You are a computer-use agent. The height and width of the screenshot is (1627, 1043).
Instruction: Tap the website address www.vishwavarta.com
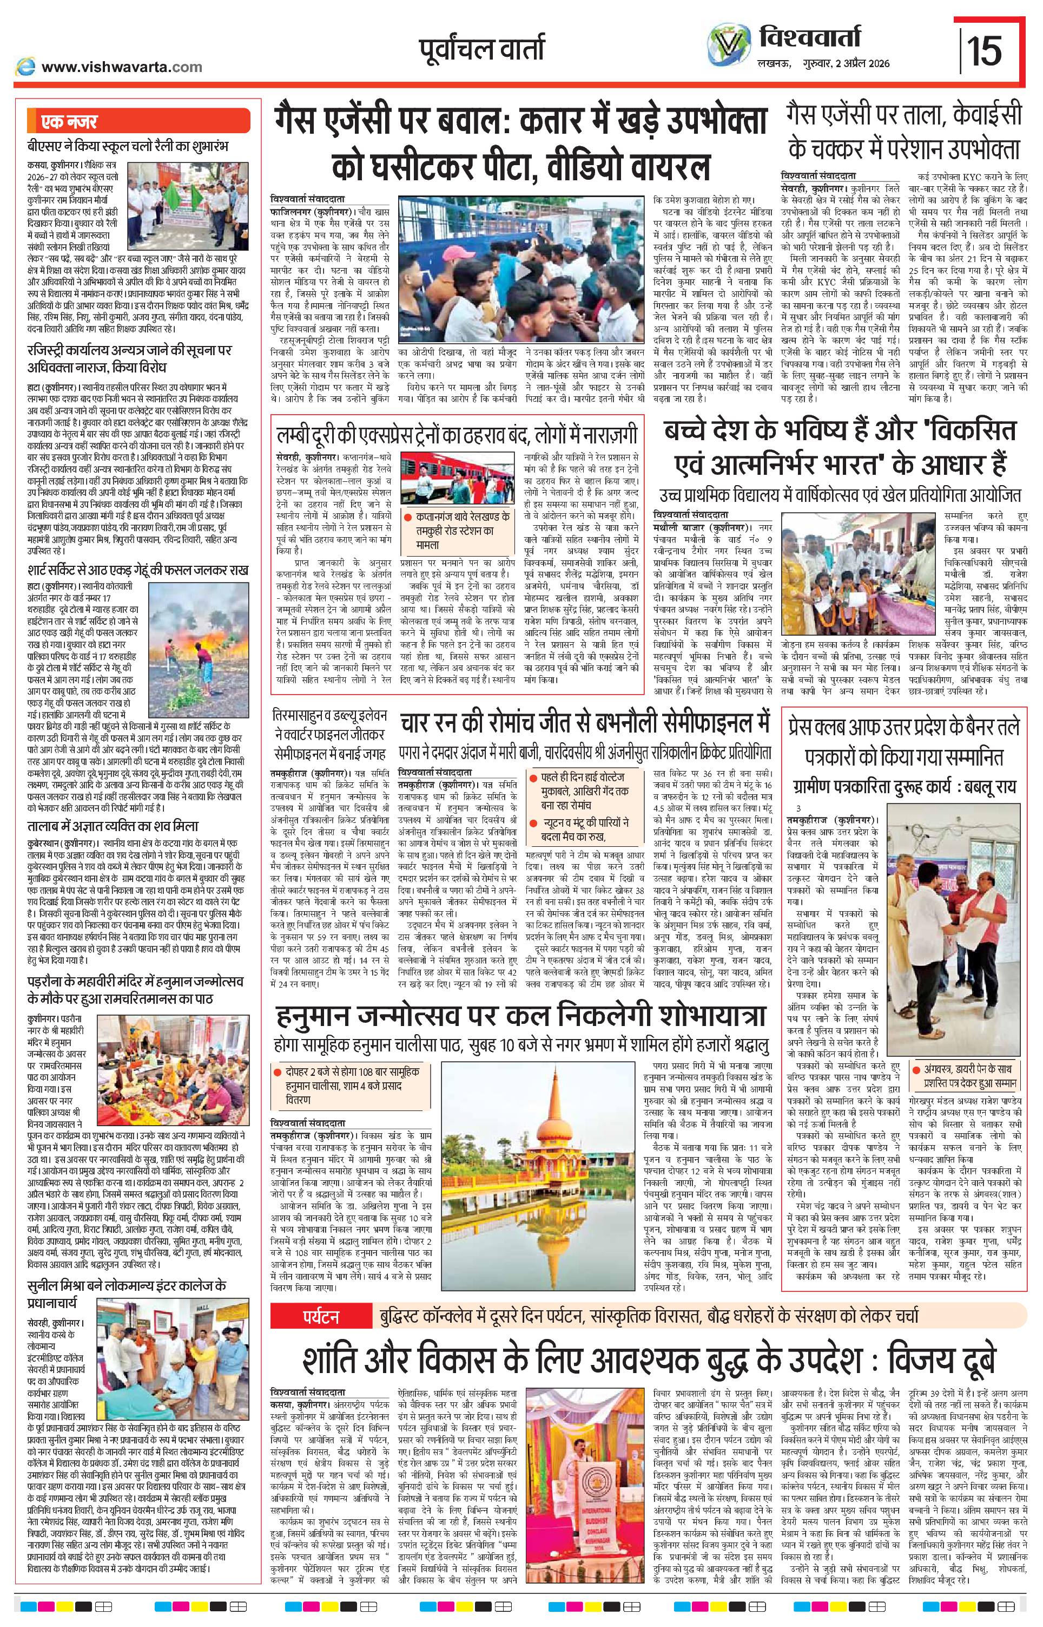122,67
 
